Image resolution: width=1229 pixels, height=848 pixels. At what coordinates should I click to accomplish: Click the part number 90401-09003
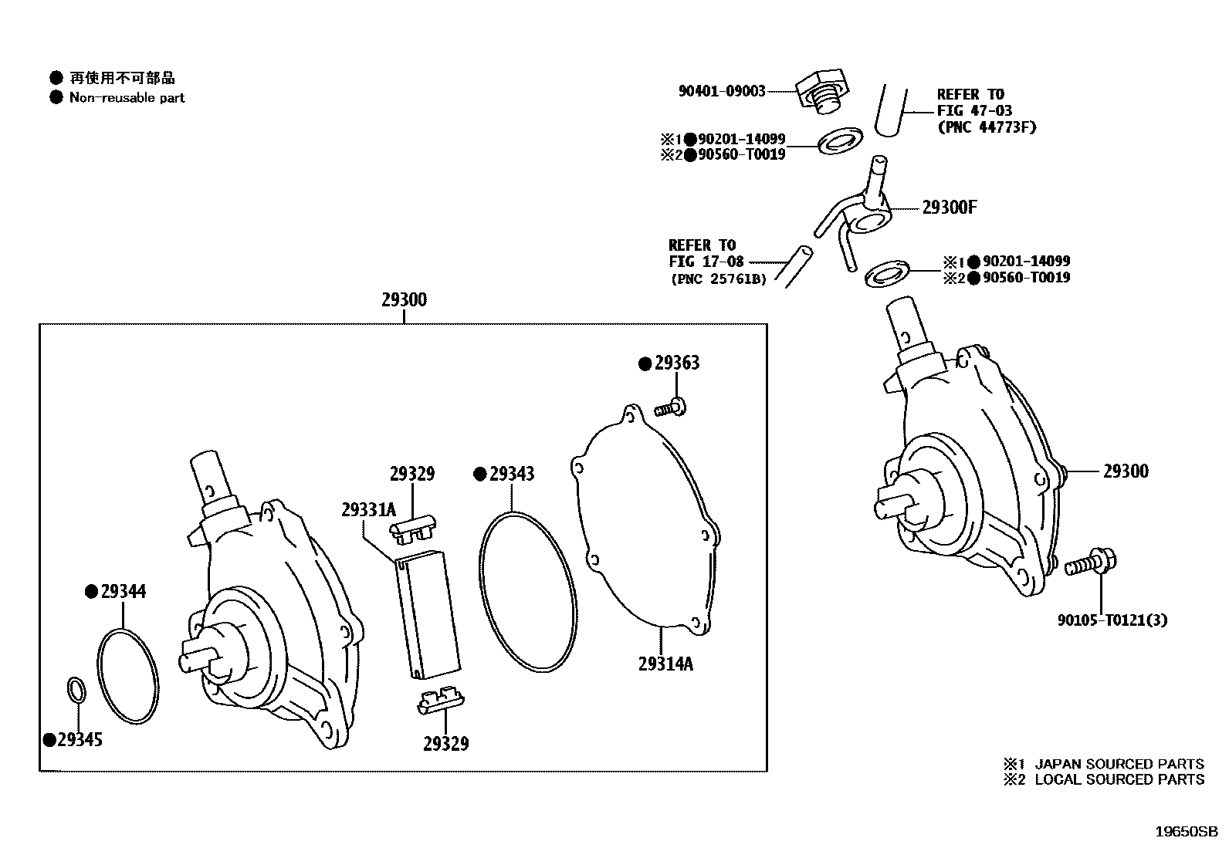point(722,91)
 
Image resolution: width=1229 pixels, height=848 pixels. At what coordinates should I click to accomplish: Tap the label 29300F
point(950,207)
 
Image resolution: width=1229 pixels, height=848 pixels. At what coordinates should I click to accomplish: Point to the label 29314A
point(665,664)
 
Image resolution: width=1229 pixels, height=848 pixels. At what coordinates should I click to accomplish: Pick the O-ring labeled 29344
point(129,678)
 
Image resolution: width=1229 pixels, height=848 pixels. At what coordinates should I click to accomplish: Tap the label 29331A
point(368,509)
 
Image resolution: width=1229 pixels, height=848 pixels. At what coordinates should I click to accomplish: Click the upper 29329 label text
point(411,474)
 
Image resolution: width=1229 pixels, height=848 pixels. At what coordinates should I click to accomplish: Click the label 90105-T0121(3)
point(1112,620)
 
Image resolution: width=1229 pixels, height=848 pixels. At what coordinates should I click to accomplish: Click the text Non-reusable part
point(127,98)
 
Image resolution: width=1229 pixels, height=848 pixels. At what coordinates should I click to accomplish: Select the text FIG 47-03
point(974,110)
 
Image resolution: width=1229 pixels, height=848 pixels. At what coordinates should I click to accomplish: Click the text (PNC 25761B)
point(718,279)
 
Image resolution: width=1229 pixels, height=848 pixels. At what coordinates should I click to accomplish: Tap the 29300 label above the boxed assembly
point(404,299)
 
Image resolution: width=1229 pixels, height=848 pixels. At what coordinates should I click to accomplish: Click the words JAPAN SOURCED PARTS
point(1119,764)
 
